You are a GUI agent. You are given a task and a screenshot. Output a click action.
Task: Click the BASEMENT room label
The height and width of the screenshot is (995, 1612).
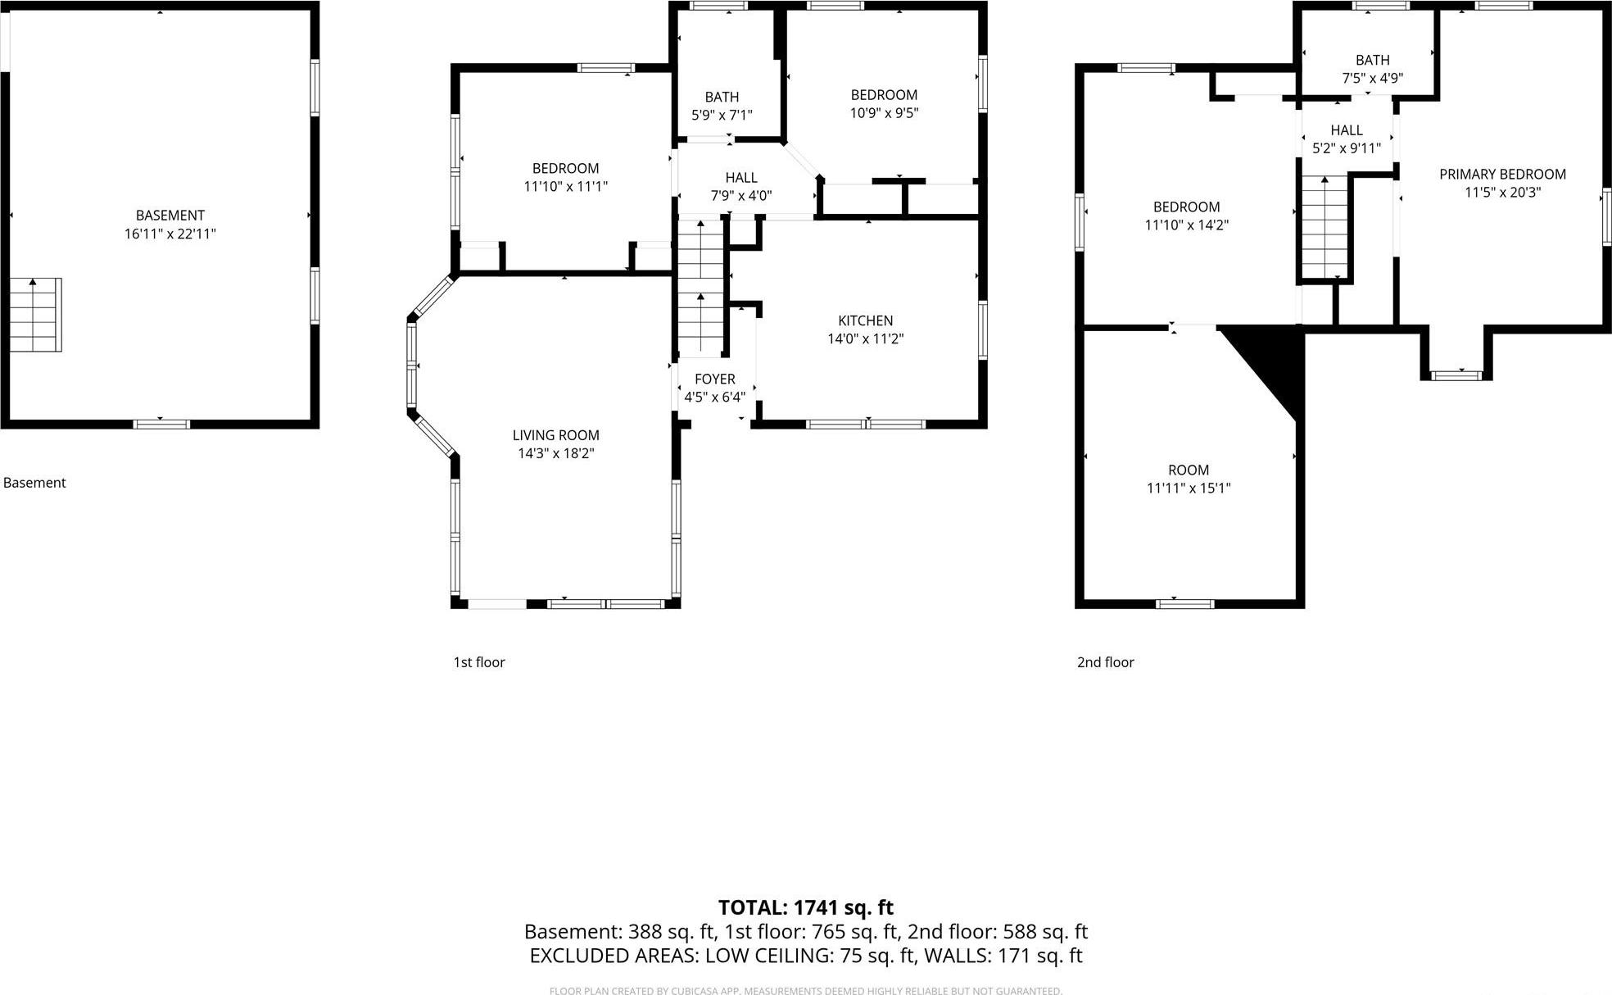[170, 216]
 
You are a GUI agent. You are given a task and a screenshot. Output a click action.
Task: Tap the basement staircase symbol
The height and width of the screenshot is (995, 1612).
[35, 315]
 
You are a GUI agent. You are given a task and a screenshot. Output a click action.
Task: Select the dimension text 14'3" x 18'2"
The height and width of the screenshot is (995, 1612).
[555, 453]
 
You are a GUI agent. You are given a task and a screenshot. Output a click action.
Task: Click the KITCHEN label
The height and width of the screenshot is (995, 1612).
[865, 320]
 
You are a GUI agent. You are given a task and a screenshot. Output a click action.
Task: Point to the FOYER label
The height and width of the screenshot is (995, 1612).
[714, 379]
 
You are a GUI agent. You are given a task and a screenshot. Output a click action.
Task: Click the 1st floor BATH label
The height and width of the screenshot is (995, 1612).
[722, 97]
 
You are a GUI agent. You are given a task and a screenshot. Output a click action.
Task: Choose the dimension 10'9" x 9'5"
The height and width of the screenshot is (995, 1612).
[884, 113]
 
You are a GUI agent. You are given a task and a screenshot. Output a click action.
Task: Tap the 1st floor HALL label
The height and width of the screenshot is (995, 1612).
[740, 178]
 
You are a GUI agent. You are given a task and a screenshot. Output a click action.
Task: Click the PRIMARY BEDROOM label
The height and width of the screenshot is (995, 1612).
[1502, 174]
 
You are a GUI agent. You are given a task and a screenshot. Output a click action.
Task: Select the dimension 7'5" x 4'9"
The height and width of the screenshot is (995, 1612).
[1372, 79]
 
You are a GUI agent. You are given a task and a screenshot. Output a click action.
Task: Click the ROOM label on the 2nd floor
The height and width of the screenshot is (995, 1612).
[1188, 470]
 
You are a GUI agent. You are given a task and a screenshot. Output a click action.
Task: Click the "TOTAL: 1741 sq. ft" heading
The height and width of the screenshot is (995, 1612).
[805, 907]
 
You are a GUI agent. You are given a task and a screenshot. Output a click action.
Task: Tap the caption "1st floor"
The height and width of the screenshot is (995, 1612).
[479, 662]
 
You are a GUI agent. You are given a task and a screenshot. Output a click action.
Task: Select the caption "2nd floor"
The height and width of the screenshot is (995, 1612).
[1105, 662]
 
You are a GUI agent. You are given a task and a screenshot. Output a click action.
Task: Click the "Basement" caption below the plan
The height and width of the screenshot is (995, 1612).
[34, 483]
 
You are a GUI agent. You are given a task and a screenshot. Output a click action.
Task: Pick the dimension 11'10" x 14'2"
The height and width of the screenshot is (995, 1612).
[1186, 225]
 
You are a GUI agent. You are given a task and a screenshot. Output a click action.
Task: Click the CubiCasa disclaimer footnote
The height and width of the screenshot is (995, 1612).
[805, 991]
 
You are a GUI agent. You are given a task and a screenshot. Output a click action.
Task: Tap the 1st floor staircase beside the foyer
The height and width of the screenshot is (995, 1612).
[700, 287]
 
